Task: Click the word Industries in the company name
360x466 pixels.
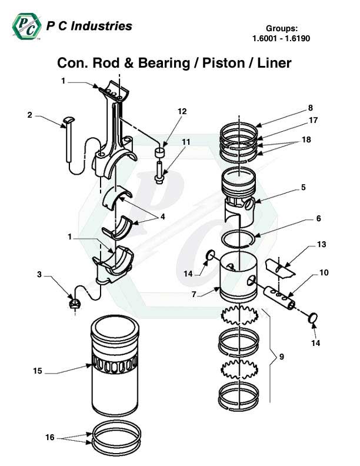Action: (x=102, y=26)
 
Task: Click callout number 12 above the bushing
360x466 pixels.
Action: (x=182, y=111)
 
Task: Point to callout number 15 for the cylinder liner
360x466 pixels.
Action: (x=38, y=371)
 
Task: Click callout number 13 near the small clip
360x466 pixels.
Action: (x=321, y=244)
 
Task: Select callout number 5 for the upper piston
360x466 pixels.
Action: (x=303, y=188)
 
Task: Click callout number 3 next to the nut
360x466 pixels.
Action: (x=39, y=274)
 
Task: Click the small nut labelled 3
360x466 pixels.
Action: (x=75, y=304)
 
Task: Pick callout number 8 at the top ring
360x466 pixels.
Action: (x=309, y=108)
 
